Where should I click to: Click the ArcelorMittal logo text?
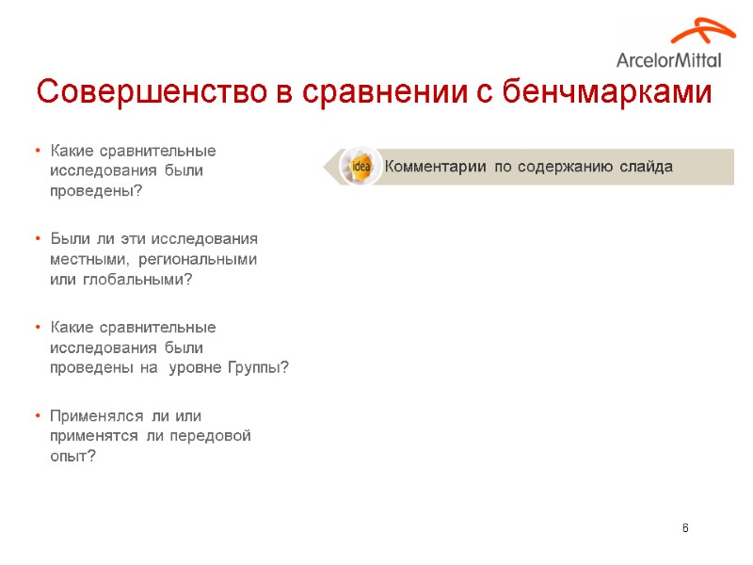point(668,59)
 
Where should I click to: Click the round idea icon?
point(360,167)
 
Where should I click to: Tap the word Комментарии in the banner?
point(435,167)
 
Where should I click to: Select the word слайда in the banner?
point(646,167)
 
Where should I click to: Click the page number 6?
point(685,527)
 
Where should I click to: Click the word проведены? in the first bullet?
point(96,191)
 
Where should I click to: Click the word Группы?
point(258,368)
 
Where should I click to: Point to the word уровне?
point(195,368)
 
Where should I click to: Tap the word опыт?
point(72,457)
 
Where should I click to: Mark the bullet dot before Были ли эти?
point(36,239)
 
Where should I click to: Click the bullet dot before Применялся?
point(36,415)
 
